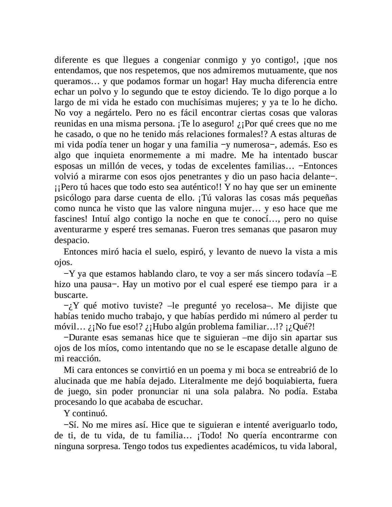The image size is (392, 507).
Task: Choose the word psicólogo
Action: [71, 198]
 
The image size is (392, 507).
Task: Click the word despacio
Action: [67, 240]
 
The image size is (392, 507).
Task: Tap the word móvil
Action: [64, 327]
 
